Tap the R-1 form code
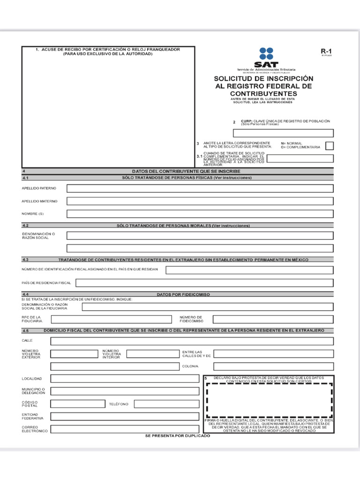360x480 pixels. [x=326, y=52]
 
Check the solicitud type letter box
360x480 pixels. [x=330, y=146]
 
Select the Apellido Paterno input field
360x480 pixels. [x=200, y=188]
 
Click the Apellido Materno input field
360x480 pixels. [x=200, y=201]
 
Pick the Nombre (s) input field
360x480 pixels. [x=200, y=214]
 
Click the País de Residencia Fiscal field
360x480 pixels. [x=204, y=283]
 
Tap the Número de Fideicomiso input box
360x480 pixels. [x=273, y=319]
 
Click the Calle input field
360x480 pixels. [x=192, y=341]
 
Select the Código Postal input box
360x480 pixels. [x=77, y=404]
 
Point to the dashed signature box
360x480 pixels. [x=269, y=400]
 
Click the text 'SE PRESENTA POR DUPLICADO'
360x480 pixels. [x=178, y=436]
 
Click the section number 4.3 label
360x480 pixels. [x=25, y=259]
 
